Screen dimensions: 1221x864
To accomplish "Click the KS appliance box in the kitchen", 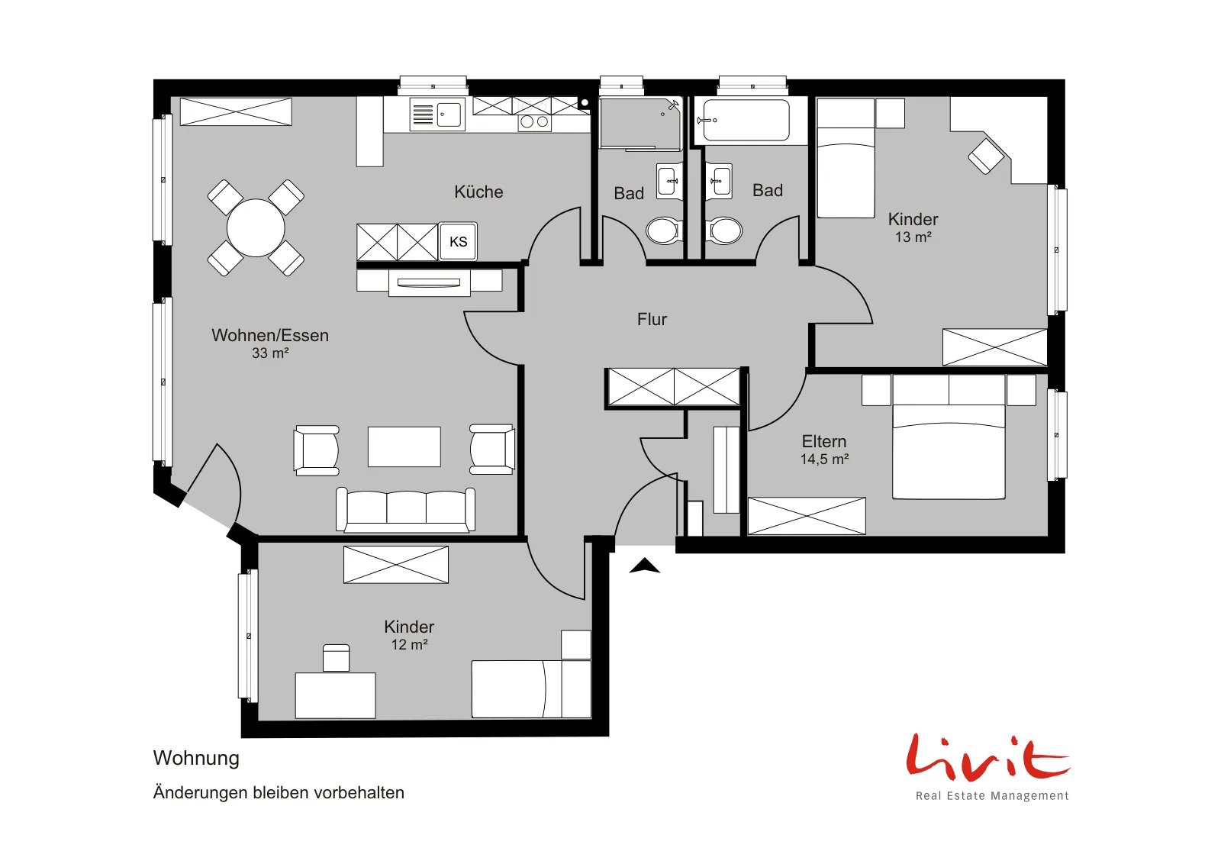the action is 459,241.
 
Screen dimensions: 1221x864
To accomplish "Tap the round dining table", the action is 256,228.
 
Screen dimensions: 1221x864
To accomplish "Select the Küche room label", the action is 478,192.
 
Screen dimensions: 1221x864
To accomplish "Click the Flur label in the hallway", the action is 652,319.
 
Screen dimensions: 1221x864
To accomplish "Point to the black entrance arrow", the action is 645,566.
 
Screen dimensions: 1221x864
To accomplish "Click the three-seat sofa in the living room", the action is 405,510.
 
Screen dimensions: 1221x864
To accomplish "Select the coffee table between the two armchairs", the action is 404,447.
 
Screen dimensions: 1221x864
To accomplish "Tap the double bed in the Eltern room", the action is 949,437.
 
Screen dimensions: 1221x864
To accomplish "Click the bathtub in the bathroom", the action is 746,121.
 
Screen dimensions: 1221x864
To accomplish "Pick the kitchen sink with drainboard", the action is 437,114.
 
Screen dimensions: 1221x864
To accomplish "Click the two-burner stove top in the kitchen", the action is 534,122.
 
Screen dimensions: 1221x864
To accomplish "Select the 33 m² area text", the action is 270,353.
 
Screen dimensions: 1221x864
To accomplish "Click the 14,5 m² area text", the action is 824,459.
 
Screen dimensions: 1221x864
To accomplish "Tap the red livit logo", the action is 987,756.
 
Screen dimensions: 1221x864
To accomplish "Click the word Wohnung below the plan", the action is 196,758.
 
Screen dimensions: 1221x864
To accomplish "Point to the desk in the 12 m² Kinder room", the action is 335,695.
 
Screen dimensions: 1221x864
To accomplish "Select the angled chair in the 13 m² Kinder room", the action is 986,156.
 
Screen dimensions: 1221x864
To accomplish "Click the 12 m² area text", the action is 409,644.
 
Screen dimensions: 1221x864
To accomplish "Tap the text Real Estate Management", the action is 992,796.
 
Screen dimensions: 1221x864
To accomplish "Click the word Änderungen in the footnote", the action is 200,792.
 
